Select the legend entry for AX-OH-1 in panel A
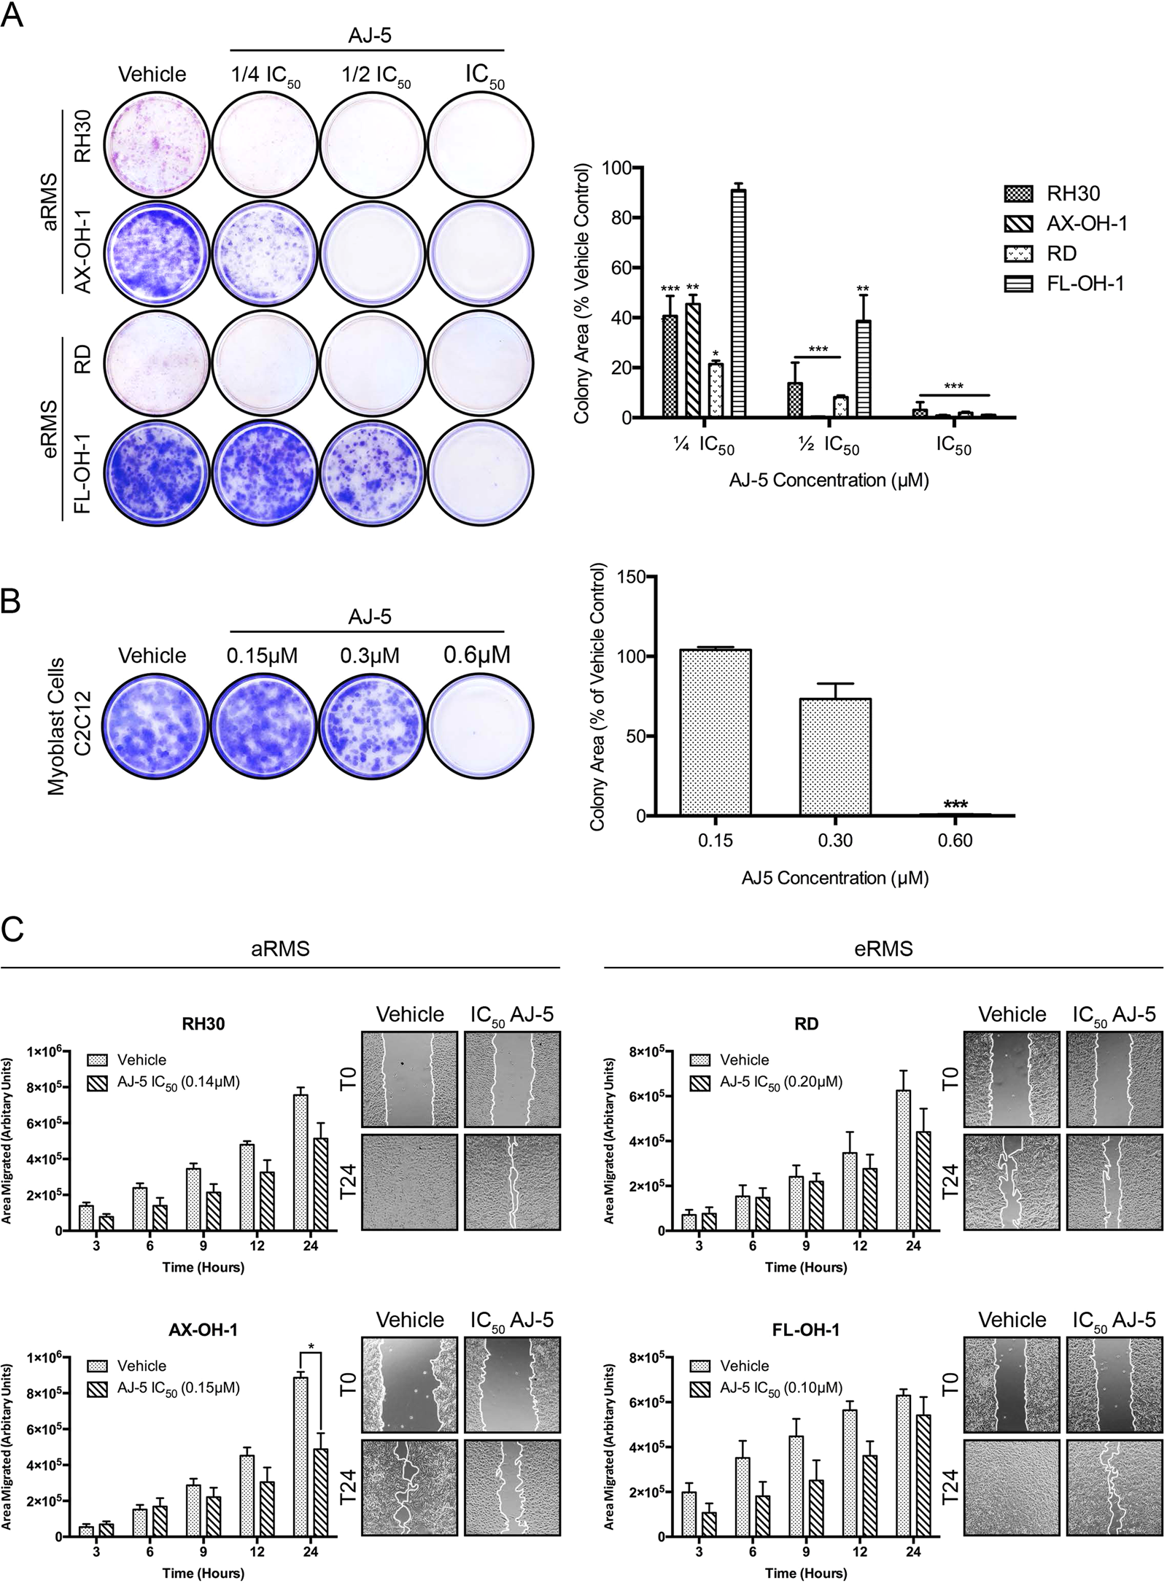click(x=1065, y=223)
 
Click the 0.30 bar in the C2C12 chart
click(x=835, y=757)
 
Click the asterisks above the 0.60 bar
click(x=955, y=805)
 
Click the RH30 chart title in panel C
click(x=203, y=1024)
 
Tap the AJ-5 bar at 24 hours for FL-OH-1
click(x=923, y=1475)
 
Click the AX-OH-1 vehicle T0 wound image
click(x=409, y=1382)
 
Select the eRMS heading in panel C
click(x=883, y=949)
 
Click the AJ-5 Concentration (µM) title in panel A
click(x=829, y=481)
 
